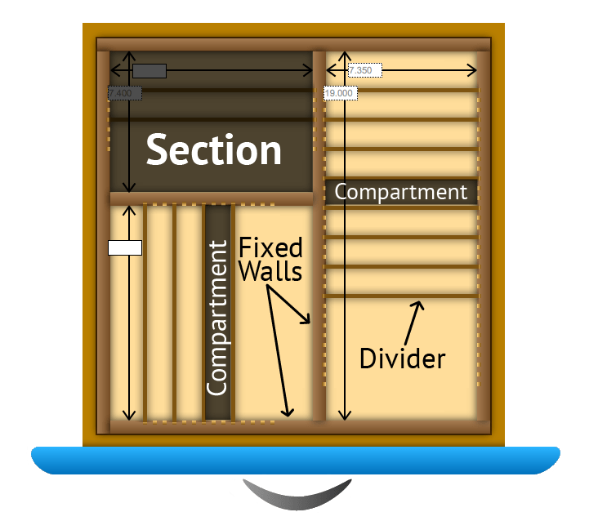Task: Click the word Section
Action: click(213, 150)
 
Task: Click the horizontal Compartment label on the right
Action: click(401, 192)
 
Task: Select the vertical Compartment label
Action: click(217, 318)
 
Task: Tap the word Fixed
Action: click(270, 247)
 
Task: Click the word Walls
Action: click(270, 270)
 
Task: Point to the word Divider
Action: click(403, 358)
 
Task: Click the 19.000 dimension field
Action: click(339, 93)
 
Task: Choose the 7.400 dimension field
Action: click(125, 94)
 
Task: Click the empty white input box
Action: click(125, 247)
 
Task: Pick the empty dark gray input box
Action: click(149, 71)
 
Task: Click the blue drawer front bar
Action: click(295, 461)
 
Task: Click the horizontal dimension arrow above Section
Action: click(245, 71)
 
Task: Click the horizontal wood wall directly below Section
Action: click(212, 198)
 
